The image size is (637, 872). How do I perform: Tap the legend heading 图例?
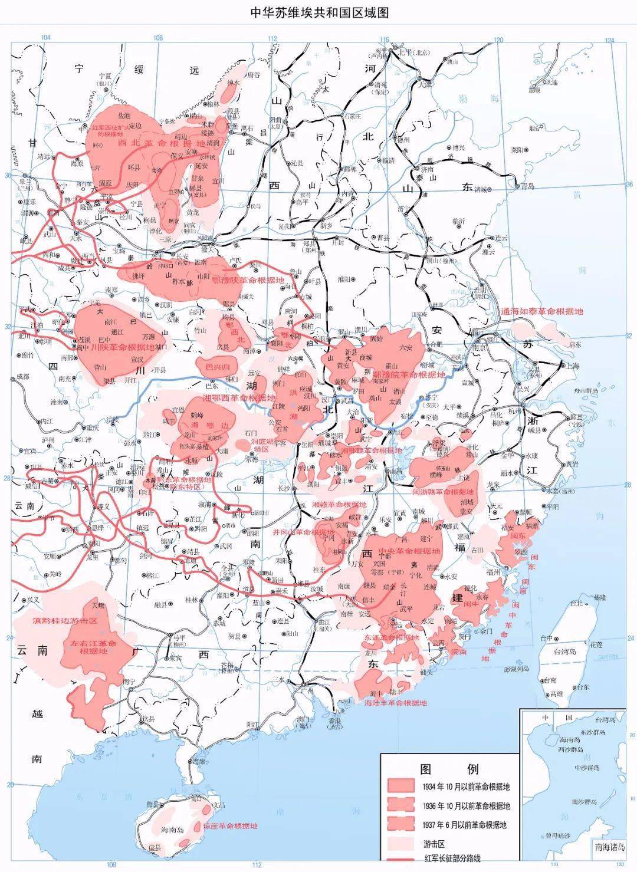tap(449, 769)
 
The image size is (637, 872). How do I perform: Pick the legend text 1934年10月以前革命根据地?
tap(466, 787)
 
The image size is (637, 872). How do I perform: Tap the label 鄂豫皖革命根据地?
tap(407, 374)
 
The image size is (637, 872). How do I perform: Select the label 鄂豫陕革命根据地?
tap(248, 280)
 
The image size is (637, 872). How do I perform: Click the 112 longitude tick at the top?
tap(272, 39)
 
